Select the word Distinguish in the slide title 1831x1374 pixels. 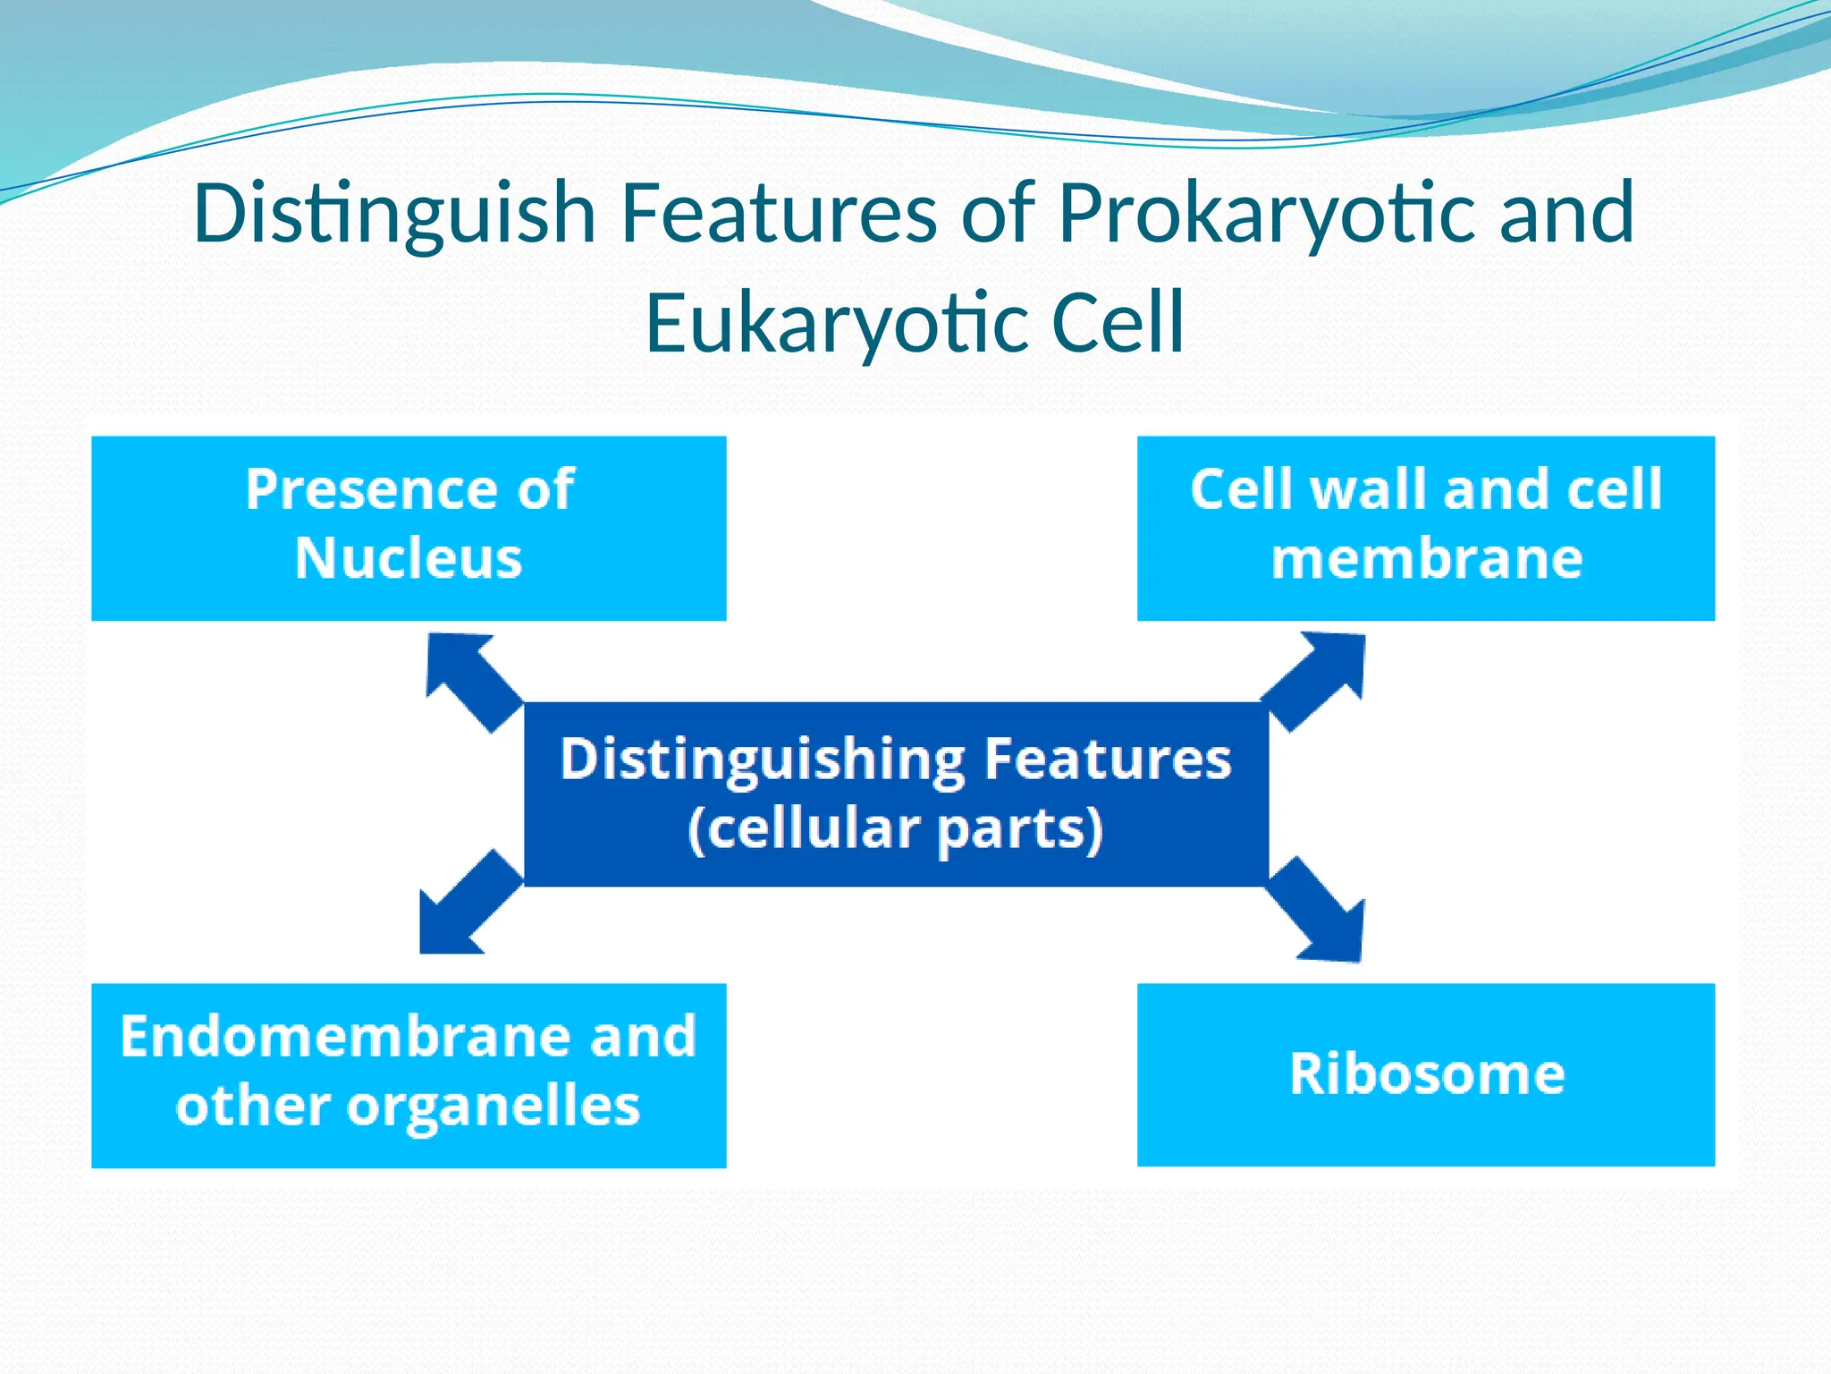394,215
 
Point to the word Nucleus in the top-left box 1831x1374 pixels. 409,559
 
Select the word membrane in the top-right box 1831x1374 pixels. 1426,559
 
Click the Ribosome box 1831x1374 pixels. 1426,1073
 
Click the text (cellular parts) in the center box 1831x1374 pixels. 895,829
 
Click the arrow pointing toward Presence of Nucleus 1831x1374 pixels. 469,679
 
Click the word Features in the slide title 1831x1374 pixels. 779,215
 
